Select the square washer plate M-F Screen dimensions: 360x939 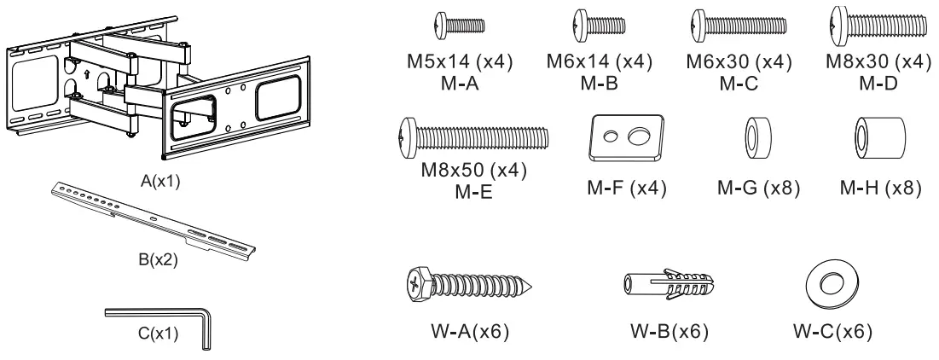point(626,137)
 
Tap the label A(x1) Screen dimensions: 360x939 point(161,182)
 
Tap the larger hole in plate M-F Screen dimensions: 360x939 point(635,136)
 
